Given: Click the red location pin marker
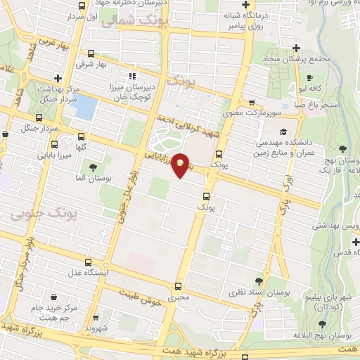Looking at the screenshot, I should pyautogui.click(x=181, y=165).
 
